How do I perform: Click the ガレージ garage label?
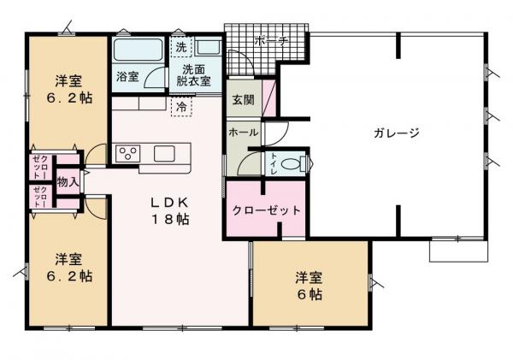click(x=396, y=133)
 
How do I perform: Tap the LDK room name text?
click(x=169, y=203)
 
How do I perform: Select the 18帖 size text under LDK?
click(x=169, y=219)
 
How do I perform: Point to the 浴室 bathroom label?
click(x=127, y=77)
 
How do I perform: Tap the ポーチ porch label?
click(x=271, y=41)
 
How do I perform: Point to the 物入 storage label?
click(x=68, y=181)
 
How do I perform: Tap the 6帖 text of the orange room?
click(x=310, y=293)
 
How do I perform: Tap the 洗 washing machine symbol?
click(x=180, y=46)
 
